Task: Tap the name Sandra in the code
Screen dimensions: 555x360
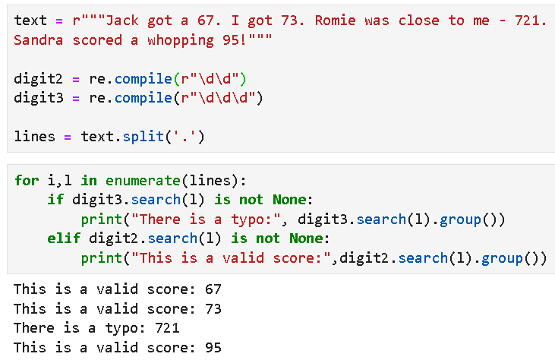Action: (x=39, y=39)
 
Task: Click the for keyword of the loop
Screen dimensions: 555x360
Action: (x=27, y=181)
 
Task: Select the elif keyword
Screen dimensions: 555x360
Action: (x=64, y=239)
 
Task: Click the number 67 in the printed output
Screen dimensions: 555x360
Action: (x=213, y=289)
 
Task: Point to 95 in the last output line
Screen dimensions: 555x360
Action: (x=213, y=348)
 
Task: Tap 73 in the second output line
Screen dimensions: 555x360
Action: (x=213, y=309)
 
